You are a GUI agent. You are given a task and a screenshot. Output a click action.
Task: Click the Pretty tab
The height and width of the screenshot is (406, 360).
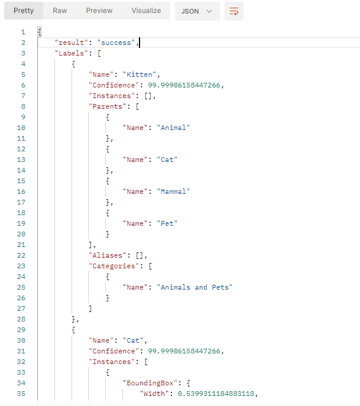(x=24, y=11)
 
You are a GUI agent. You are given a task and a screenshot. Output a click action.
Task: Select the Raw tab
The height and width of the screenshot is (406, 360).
(x=60, y=11)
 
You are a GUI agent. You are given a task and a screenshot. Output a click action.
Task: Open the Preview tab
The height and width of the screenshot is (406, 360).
(x=99, y=11)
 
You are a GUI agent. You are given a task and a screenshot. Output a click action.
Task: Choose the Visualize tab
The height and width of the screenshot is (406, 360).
(x=146, y=11)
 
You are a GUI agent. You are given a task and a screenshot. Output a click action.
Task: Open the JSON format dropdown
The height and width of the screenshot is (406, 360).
(x=197, y=11)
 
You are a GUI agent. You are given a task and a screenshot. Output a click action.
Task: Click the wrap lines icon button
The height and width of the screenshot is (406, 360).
(x=233, y=11)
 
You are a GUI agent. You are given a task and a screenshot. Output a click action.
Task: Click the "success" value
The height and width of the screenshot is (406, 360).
(x=117, y=43)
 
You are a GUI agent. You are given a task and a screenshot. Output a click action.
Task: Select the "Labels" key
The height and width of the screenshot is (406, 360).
(x=70, y=53)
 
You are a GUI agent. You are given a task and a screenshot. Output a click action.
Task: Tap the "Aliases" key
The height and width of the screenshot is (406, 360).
(x=108, y=255)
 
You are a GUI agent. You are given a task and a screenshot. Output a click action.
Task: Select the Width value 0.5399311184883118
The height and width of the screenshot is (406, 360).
(x=216, y=394)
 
